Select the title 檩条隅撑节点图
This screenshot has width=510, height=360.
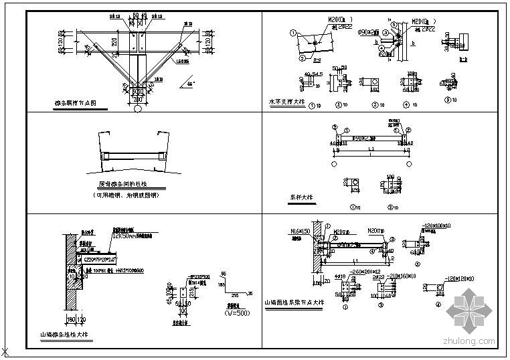point(76,103)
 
